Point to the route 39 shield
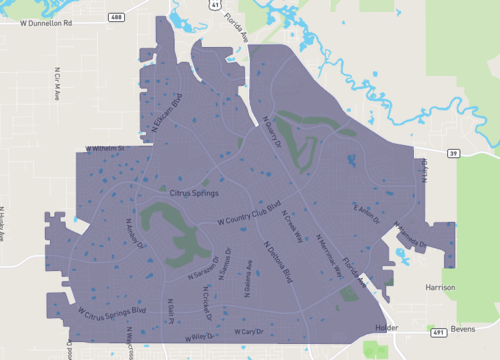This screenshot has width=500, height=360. point(453,152)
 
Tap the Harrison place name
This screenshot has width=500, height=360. point(440,287)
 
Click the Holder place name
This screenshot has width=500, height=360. point(385,327)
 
